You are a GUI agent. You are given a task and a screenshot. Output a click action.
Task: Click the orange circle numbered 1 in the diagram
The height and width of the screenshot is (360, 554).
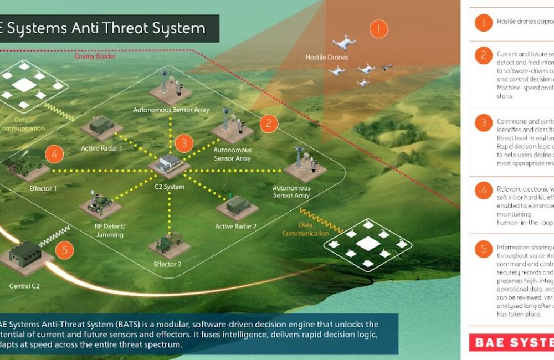pos(378,28)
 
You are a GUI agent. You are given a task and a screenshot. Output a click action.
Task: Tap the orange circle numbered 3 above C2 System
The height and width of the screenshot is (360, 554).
pos(184,143)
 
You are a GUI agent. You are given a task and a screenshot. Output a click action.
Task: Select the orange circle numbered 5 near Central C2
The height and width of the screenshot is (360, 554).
pos(64,250)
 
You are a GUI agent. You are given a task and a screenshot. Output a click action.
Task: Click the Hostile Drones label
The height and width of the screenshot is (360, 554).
pos(327,58)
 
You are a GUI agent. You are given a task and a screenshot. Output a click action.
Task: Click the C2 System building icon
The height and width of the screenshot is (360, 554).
pos(169,163)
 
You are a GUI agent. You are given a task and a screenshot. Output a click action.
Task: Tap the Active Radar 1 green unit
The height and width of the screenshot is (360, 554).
pos(101,127)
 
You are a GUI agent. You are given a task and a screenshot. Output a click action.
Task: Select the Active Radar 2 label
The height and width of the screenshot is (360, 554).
pos(236,226)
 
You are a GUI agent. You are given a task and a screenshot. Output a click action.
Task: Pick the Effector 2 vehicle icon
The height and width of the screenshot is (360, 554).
pos(167,241)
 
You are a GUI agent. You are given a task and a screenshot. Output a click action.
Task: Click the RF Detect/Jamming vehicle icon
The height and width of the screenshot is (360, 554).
pos(100,202)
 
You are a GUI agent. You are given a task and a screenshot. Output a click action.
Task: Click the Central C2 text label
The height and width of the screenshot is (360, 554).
pos(25,286)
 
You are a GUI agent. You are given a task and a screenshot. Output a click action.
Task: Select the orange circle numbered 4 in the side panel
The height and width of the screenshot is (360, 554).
pos(483,191)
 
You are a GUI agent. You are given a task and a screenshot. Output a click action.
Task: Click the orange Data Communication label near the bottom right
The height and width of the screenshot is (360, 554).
pos(306,229)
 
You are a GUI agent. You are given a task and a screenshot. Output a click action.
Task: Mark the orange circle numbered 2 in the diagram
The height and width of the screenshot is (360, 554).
pos(268,123)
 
